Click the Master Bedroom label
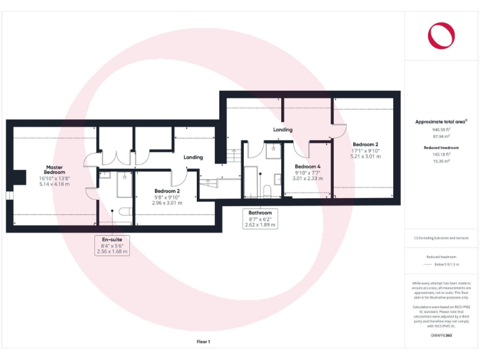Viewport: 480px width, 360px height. click(54, 169)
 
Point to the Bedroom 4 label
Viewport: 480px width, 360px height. click(307, 166)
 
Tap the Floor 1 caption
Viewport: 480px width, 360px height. click(204, 342)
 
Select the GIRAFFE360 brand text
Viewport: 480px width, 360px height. click(441, 336)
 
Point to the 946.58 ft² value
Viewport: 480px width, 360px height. click(441, 129)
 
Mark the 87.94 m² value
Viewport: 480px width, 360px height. click(441, 136)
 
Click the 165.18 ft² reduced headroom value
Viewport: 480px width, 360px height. click(441, 154)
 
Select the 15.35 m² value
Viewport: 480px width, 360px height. click(441, 161)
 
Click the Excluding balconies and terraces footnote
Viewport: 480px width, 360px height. click(441, 238)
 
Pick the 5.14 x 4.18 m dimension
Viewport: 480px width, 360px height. click(54, 184)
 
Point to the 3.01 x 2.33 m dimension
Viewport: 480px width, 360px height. click(307, 178)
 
